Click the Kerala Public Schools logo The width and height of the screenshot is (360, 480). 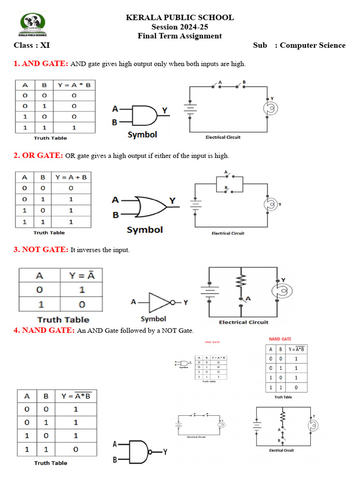pos(33,24)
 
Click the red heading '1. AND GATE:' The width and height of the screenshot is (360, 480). pos(41,64)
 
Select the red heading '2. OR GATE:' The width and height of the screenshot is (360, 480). pos(38,155)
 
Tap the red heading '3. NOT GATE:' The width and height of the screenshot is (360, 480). pos(41,250)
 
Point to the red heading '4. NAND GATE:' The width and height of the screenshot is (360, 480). pos(44,330)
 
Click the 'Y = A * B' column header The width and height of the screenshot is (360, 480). pos(75,85)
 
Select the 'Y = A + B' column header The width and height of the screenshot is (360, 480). pos(71,177)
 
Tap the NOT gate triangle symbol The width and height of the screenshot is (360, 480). pos(159,303)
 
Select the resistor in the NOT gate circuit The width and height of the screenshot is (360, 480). pos(241,282)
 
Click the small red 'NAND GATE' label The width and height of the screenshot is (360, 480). pos(280,339)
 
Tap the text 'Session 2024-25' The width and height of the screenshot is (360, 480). pos(180,27)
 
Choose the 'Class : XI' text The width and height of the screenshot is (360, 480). pos(32,45)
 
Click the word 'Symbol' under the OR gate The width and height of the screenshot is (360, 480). pos(145,230)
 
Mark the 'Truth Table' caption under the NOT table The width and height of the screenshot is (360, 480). pos(63,320)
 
